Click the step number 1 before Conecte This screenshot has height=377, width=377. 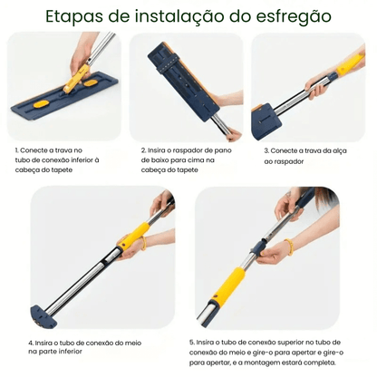[x=16, y=150]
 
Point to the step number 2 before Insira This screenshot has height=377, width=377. [x=142, y=150]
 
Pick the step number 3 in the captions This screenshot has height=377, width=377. [x=266, y=150]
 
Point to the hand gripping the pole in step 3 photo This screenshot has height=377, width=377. [x=319, y=83]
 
